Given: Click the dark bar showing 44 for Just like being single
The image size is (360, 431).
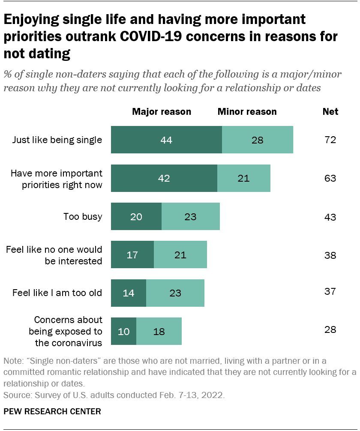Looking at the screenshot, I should coord(166,140).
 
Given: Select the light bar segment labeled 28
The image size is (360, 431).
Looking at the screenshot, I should coord(257,140).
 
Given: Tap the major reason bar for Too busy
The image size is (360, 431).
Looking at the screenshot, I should coord(136,217).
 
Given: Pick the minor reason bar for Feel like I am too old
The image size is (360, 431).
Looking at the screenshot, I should coord(175,293).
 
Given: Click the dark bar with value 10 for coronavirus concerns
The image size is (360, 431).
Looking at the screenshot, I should coord(123,331).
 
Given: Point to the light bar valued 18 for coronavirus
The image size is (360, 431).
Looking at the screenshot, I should coord(159,331).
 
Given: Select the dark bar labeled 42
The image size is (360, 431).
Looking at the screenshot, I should coord(164,178).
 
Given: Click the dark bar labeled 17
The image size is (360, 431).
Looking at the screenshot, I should coord(132,255).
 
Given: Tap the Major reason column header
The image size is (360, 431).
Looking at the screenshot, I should coord(162,112).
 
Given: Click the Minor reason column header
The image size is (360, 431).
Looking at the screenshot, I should coord(247,112).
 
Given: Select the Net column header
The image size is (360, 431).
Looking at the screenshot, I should coord(330,112).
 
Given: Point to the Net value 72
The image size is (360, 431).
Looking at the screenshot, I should coord(330,140).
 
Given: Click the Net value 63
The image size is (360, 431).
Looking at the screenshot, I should coord(330,178).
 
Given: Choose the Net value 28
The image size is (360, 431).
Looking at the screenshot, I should coord(330,329).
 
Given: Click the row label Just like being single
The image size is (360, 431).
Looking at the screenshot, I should coord(57,140).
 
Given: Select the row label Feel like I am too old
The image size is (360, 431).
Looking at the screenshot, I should coord(57,293).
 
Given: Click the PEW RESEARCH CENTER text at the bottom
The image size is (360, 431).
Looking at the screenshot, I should coord(52,412).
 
